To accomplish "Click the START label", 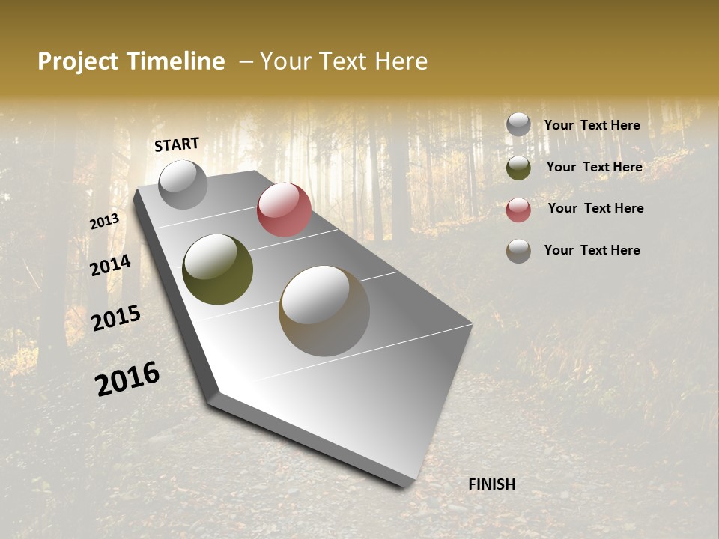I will (x=177, y=144).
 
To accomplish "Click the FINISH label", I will (x=491, y=484).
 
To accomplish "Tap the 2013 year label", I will (x=104, y=222).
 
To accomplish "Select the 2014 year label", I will (x=110, y=265).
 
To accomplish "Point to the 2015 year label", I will (x=115, y=318).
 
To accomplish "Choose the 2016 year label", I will (x=127, y=379).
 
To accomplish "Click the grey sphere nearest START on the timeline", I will (x=183, y=184).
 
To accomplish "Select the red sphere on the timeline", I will (x=284, y=210).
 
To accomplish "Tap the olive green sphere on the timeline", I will (x=217, y=269).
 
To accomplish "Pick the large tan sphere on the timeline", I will (x=324, y=311).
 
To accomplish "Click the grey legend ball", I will (x=518, y=124).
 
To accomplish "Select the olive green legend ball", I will (x=518, y=168).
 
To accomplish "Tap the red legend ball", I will (x=518, y=210).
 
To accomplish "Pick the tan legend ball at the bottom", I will (x=518, y=251).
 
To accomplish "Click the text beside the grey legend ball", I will (x=592, y=126).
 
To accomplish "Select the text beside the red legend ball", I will (x=595, y=208).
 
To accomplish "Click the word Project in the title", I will (x=79, y=61).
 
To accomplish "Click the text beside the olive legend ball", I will (x=594, y=167).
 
